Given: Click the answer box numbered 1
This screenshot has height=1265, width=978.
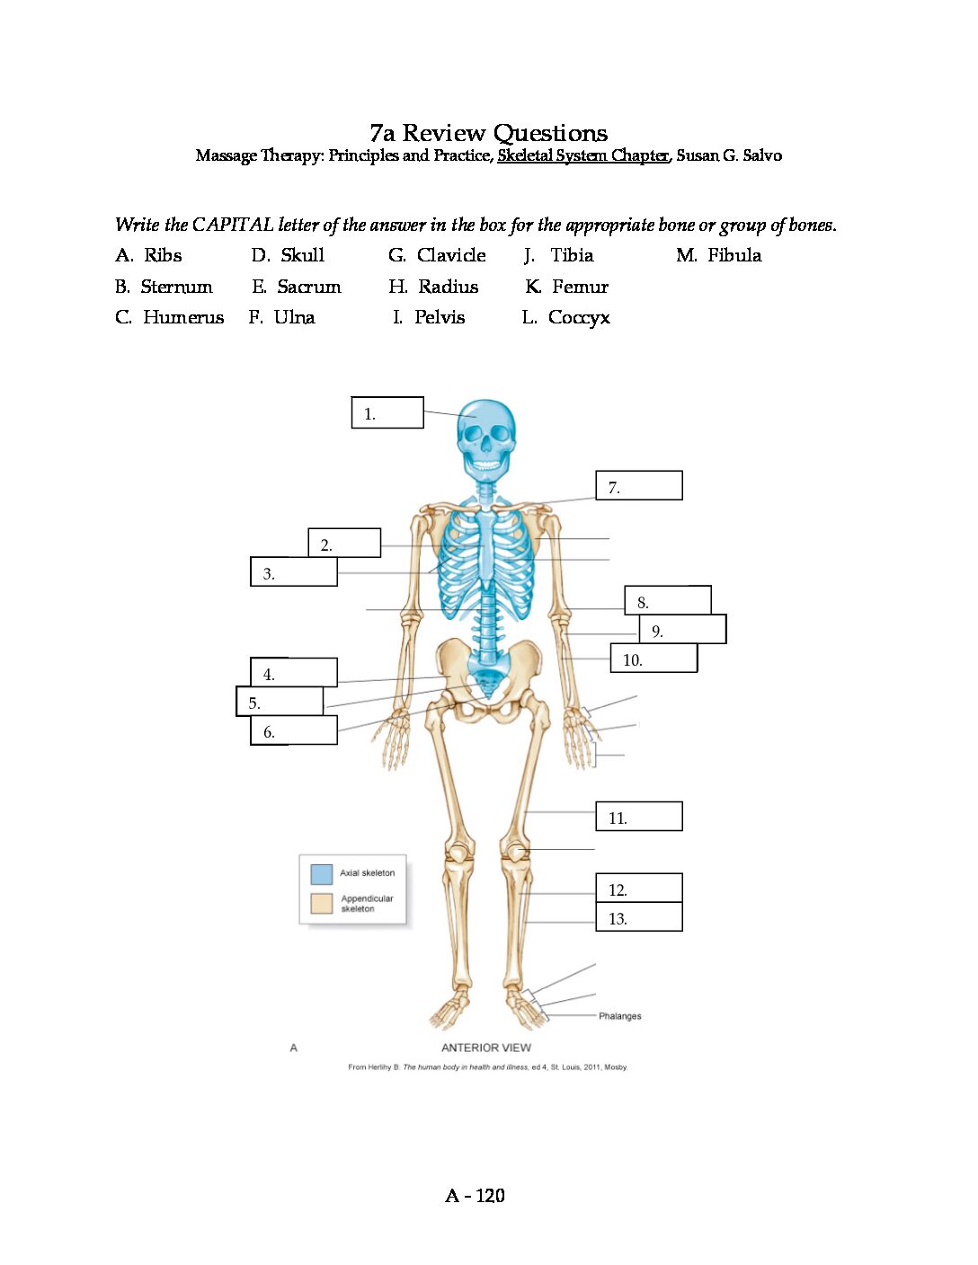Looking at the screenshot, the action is click(x=387, y=412).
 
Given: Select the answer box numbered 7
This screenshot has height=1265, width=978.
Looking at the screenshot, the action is click(x=639, y=485).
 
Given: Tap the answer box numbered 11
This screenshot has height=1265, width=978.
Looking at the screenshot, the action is click(x=639, y=816).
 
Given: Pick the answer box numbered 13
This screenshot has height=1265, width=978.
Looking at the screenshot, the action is click(x=639, y=917).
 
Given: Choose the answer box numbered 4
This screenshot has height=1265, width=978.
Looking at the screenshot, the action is click(x=294, y=672).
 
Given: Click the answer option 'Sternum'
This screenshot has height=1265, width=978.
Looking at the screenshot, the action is click(x=176, y=287).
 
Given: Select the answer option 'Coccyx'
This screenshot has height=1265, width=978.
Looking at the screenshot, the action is click(x=579, y=318).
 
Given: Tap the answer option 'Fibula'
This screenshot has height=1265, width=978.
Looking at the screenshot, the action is click(x=734, y=255).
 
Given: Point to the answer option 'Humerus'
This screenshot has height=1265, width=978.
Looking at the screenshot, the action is click(x=183, y=317).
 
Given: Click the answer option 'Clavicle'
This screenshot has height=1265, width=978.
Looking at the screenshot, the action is click(x=451, y=255).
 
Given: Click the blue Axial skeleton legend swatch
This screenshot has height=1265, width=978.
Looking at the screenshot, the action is click(x=322, y=874).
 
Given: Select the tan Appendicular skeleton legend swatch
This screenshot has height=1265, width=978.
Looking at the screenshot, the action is click(x=322, y=904).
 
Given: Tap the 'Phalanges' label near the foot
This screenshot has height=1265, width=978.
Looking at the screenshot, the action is click(x=619, y=1016).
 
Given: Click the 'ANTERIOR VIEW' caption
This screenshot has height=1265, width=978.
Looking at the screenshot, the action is click(x=486, y=1048).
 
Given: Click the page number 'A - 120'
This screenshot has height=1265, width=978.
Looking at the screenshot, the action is click(x=475, y=1196).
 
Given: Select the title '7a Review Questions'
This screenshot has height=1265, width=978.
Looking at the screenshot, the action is click(x=489, y=133).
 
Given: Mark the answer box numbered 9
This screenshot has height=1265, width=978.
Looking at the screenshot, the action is click(x=682, y=629).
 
